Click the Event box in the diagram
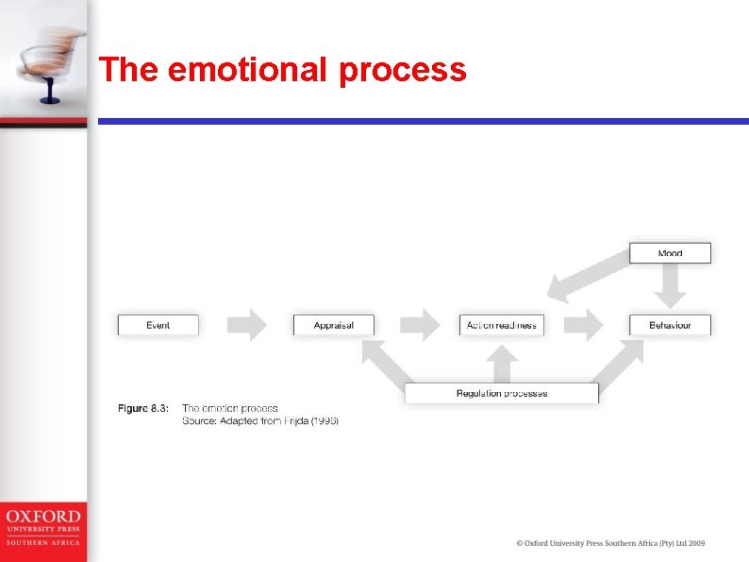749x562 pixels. pos(158,325)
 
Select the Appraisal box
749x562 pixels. pos(333,325)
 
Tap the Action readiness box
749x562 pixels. pos(501,325)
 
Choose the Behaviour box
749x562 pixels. pos(670,325)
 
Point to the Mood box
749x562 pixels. pos(670,253)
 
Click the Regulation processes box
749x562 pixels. pos(501,393)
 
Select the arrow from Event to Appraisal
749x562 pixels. pos(246,324)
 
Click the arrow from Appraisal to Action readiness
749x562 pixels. pos(420,324)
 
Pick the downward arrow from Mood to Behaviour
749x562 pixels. pos(670,285)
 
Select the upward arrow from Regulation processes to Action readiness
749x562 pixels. pos(502,364)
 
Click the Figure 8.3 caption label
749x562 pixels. pos(142,408)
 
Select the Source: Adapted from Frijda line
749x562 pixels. pos(259,420)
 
